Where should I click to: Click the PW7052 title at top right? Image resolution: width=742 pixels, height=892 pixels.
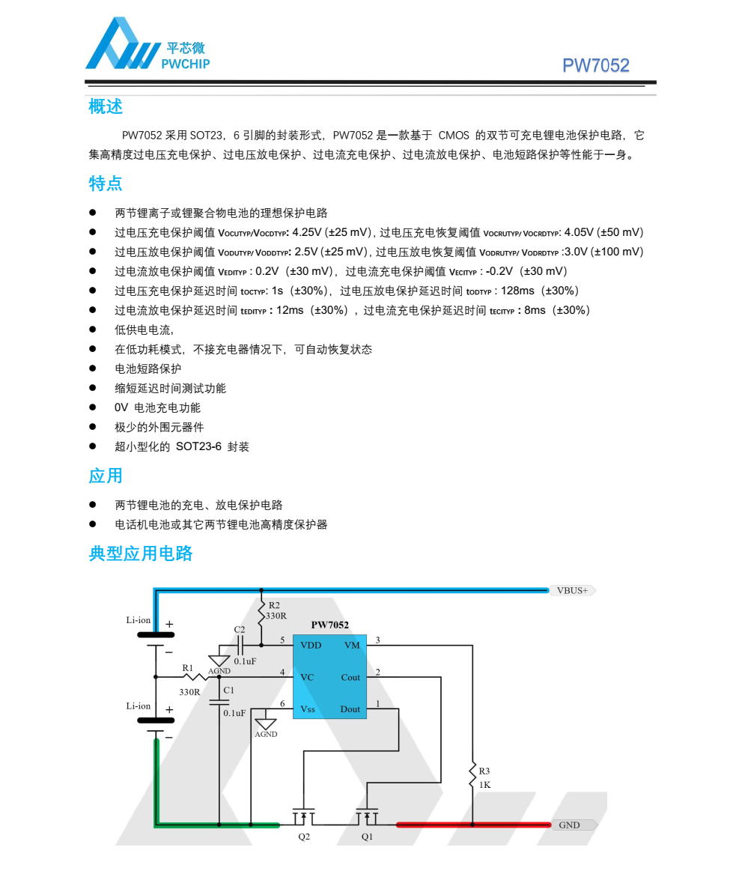point(595,66)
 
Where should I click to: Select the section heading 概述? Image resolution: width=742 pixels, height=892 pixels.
point(106,107)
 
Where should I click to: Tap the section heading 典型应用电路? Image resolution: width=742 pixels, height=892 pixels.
point(141,553)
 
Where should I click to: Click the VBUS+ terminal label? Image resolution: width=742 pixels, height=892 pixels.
point(573,590)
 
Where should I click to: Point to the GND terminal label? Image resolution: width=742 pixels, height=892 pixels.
point(570,825)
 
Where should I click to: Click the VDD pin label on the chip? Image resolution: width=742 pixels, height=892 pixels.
point(311,645)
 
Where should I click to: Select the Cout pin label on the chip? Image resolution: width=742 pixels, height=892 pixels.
point(350,677)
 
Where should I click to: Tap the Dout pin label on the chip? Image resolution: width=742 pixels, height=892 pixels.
point(350,709)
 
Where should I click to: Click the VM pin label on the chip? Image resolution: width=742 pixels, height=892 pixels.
point(352,645)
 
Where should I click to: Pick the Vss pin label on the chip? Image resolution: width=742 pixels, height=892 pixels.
point(308,709)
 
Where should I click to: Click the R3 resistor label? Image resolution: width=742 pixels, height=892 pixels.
point(484,771)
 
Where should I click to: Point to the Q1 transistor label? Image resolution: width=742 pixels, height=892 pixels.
point(367,837)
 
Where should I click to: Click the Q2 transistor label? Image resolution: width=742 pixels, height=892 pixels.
point(304,837)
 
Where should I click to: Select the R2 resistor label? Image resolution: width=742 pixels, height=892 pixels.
point(274,605)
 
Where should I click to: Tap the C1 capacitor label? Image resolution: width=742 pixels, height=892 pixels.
point(229,690)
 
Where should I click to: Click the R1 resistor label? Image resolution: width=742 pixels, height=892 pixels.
point(188,667)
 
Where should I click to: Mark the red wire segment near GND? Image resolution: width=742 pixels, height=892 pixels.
point(472,825)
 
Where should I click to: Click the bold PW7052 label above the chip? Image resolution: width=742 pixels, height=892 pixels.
point(329,625)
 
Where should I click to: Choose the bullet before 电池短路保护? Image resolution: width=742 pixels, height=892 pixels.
point(94,368)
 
